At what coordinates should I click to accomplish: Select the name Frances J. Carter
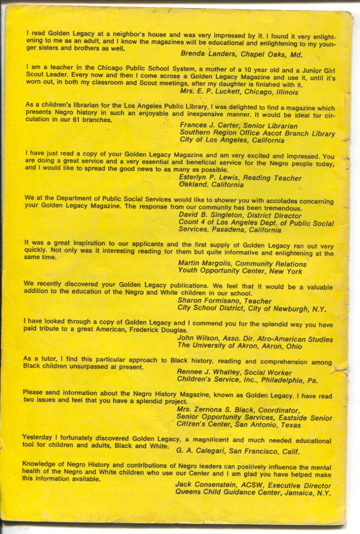point(208,126)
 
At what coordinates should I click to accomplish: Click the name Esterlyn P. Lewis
point(207,178)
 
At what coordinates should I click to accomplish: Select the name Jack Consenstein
point(205,483)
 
